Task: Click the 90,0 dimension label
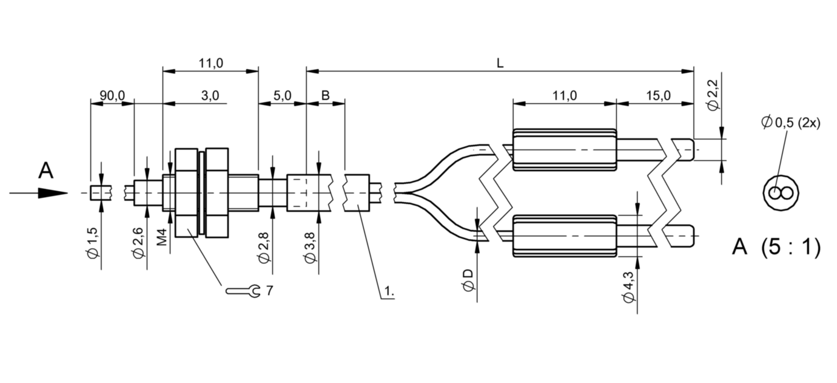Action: [x=112, y=96]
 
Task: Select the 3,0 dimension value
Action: [x=210, y=96]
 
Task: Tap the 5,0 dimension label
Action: [x=282, y=96]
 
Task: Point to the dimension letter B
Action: [x=326, y=95]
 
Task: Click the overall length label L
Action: [x=500, y=63]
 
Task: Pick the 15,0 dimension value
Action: [x=659, y=96]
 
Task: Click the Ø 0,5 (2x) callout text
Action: [x=791, y=123]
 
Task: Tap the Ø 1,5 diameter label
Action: [x=92, y=243]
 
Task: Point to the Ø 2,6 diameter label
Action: [x=138, y=243]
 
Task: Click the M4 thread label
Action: [x=162, y=237]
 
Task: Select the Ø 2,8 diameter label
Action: [x=263, y=248]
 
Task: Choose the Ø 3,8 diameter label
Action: [x=310, y=248]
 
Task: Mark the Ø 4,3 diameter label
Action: [x=628, y=287]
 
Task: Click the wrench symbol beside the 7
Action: [x=243, y=291]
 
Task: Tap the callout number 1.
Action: [x=389, y=291]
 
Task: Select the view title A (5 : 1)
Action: [x=776, y=247]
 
